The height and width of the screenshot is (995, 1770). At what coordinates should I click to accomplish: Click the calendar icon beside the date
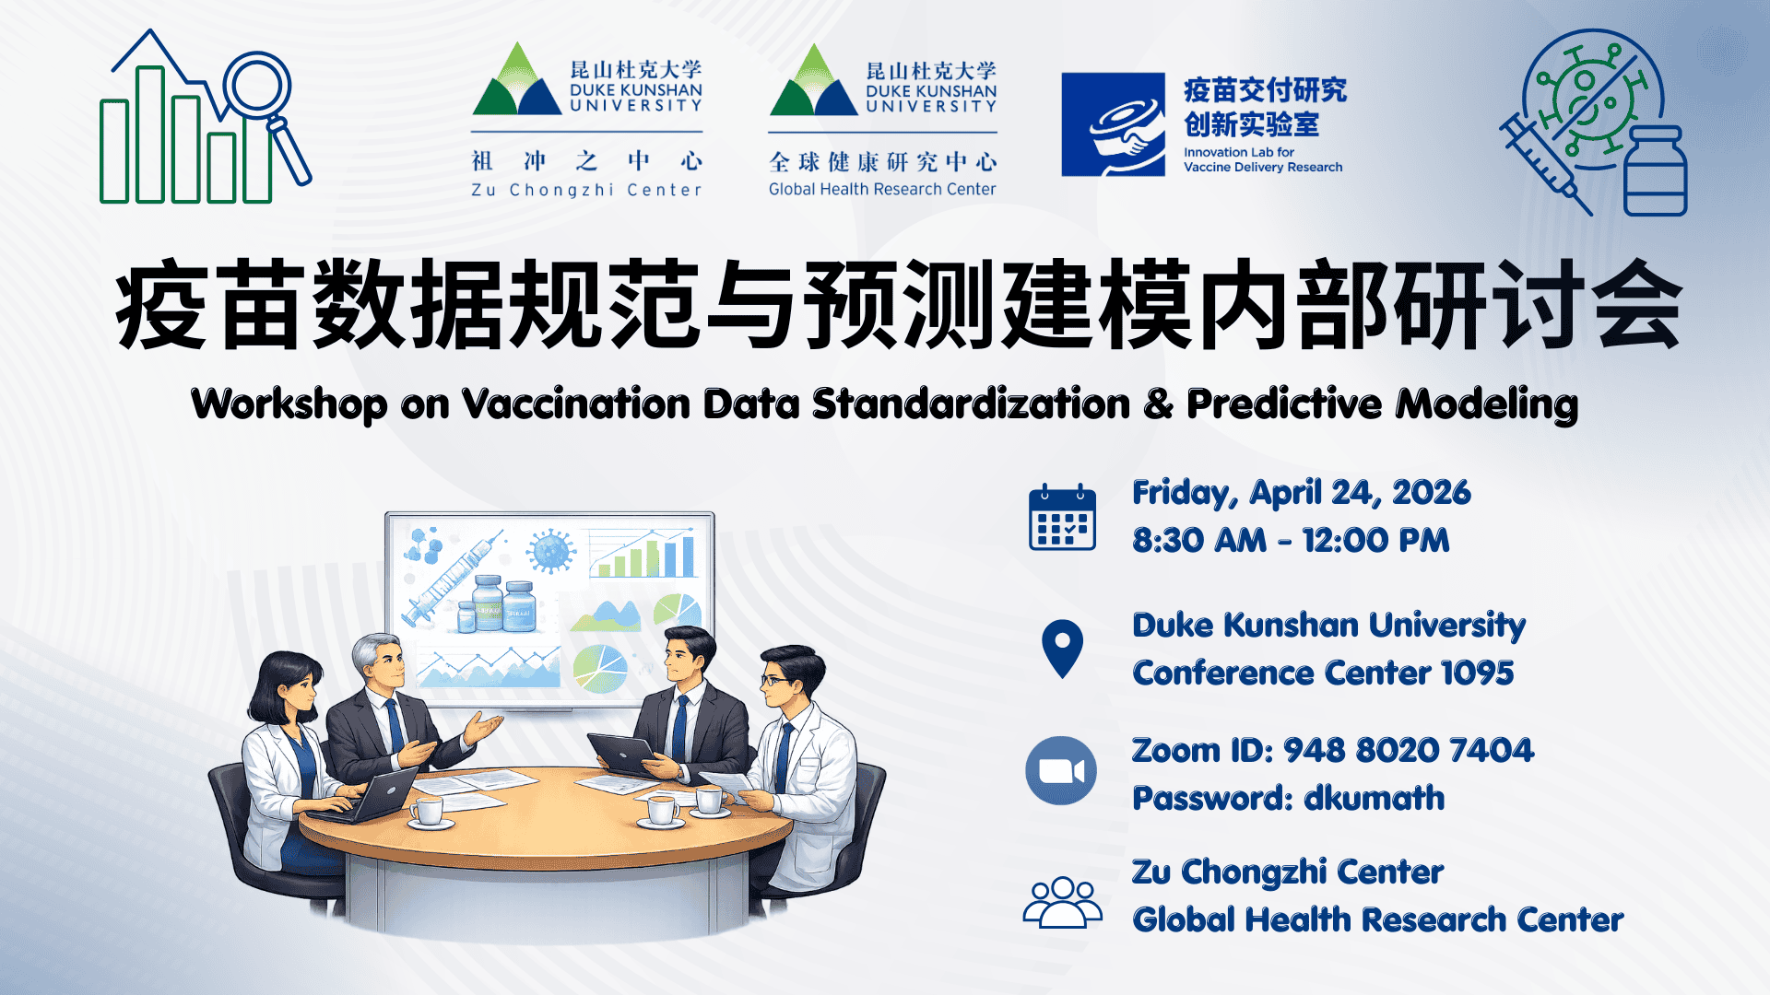1062,517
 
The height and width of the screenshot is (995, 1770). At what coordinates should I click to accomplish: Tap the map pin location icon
1062,649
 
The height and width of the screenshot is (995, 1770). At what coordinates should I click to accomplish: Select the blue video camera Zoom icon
1061,770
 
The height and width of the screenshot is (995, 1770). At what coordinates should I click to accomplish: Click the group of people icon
1062,902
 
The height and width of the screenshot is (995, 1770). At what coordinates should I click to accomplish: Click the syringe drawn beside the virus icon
1544,166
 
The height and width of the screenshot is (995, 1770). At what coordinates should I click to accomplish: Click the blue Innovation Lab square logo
1113,124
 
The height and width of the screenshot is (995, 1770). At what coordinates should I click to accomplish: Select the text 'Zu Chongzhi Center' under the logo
586,190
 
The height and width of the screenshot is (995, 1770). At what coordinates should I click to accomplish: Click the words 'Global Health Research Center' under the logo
882,189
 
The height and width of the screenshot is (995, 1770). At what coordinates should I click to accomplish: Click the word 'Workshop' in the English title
289,404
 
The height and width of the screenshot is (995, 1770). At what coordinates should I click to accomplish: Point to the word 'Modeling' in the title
1487,404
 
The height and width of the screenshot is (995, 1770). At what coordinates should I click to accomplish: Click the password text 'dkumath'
1375,798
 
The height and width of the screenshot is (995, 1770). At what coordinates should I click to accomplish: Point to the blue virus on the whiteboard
550,552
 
